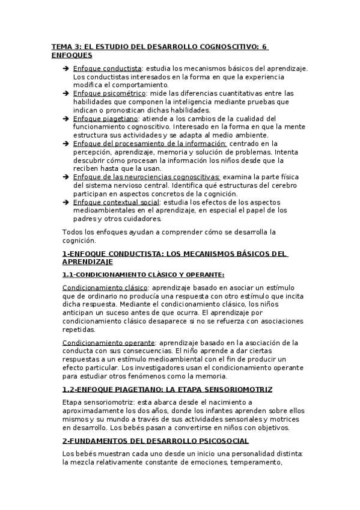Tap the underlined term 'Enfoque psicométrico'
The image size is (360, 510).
109,94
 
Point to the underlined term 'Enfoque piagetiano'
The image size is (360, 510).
105,118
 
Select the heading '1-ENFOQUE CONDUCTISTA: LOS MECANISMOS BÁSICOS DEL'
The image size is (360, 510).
174,254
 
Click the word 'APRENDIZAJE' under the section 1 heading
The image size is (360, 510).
87,262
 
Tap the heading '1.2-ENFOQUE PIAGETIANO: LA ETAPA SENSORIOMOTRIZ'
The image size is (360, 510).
167,389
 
